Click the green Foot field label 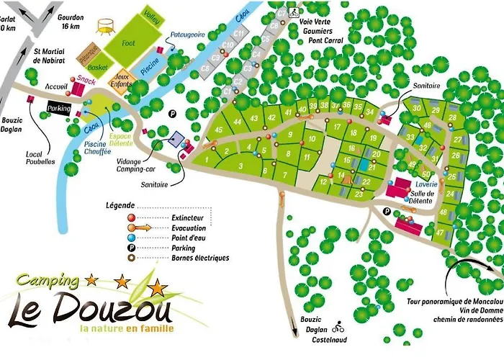tap(129, 43)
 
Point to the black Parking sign tap(60, 108)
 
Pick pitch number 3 tap(240, 166)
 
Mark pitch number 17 tap(336, 127)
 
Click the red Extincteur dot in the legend tap(130, 217)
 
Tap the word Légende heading tap(120, 204)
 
